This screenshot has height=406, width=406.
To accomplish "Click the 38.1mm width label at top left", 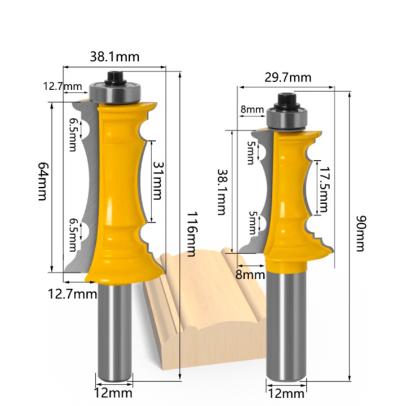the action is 114,57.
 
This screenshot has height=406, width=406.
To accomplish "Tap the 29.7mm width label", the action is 288,77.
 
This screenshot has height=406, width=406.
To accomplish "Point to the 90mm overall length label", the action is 360,233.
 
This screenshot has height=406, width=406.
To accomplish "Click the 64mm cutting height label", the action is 43,181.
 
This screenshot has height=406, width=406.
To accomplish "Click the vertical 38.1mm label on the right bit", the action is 221,192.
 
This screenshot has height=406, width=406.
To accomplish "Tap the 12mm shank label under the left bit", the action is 113,393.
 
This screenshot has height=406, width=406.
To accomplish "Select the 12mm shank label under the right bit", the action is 285,394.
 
